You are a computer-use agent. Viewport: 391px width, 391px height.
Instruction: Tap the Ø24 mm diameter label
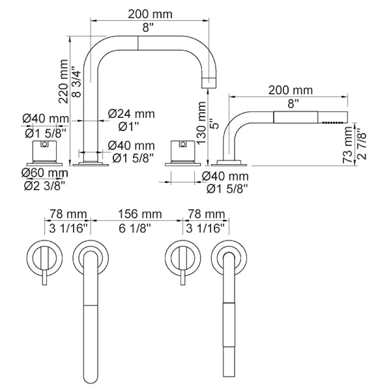[131, 114]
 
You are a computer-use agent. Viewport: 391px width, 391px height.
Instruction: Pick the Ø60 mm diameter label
[45, 173]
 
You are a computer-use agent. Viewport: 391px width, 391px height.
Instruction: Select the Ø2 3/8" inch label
[45, 185]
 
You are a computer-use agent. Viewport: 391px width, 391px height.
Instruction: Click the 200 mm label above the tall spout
[150, 15]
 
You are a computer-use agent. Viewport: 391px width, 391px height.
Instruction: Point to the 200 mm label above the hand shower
[290, 90]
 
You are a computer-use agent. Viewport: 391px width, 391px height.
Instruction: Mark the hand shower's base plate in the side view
[229, 163]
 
